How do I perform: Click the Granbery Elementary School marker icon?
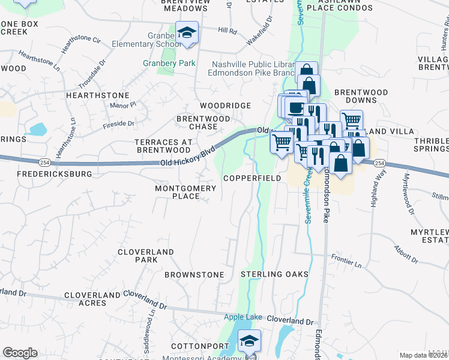[x=187, y=33]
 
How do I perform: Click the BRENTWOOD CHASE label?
[x=203, y=122]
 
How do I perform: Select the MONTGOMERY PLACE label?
[x=185, y=192]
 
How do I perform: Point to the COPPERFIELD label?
[x=252, y=179]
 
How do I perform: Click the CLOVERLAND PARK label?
[x=146, y=256]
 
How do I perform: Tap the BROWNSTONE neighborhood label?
[x=194, y=275]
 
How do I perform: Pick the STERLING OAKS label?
[x=274, y=274]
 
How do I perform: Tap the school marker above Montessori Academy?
[x=249, y=341]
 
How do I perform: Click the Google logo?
[x=20, y=353]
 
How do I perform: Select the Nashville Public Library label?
[x=252, y=65]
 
